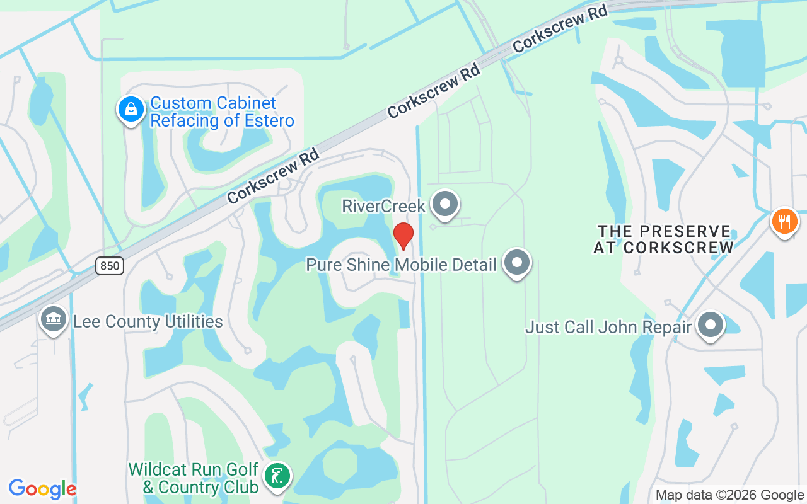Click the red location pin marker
[403, 235]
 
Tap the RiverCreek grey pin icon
[446, 204]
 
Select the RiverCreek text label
[384, 206]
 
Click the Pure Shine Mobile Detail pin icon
[517, 262]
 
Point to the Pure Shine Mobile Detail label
[401, 265]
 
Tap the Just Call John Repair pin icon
[711, 325]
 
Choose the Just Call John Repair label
[608, 328]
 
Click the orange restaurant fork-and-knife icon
[785, 222]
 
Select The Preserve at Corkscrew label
[664, 239]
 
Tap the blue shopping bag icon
[131, 109]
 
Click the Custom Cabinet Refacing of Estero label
[222, 112]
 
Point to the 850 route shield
[110, 266]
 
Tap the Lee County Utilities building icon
[54, 319]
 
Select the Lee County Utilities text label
[148, 322]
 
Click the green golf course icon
[276, 476]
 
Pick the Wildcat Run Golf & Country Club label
[194, 478]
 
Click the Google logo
[42, 489]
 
